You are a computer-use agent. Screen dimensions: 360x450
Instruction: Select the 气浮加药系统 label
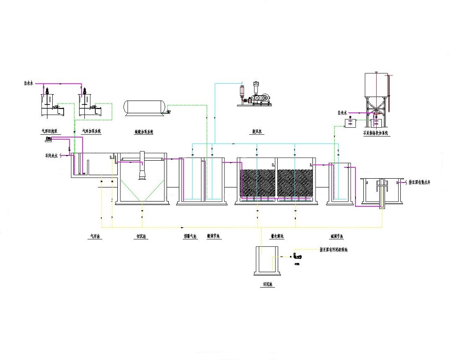[x=91, y=131]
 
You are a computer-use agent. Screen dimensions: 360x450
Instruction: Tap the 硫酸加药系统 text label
[x=144, y=131]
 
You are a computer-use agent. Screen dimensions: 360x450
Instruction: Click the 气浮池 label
[x=95, y=236]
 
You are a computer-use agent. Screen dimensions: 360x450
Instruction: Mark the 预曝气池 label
[x=190, y=236]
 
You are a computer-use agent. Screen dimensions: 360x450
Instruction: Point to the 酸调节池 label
[x=214, y=236]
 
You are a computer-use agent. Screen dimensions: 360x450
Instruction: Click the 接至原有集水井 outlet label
[x=419, y=181]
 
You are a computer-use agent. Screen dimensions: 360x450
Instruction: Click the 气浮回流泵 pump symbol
[x=49, y=139]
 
